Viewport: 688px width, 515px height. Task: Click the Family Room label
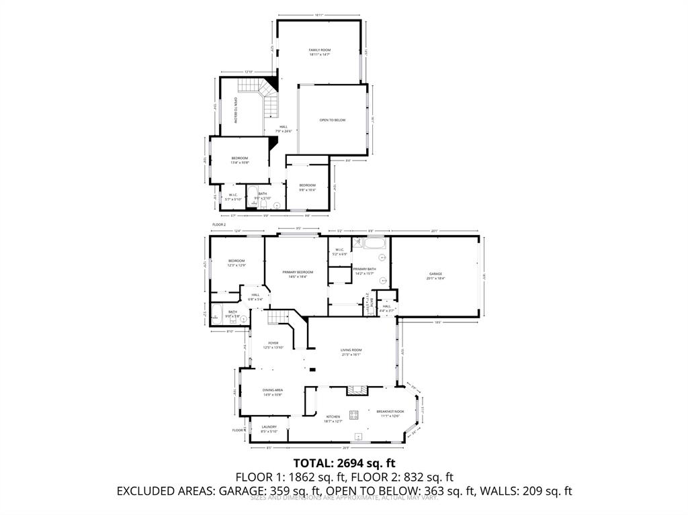click(x=319, y=52)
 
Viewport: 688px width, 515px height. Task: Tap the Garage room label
click(x=435, y=275)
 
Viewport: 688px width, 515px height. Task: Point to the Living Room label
click(x=351, y=352)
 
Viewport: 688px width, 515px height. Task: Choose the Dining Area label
click(x=272, y=392)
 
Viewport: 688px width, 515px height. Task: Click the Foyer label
click(x=273, y=345)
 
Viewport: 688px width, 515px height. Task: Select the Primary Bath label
click(x=364, y=271)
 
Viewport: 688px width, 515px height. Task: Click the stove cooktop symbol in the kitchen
click(x=353, y=414)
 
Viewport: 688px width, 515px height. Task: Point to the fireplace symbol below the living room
click(x=356, y=389)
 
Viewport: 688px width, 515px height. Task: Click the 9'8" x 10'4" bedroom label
click(x=307, y=187)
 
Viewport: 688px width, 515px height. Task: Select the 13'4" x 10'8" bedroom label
click(x=240, y=160)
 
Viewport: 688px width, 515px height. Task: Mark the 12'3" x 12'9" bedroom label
click(x=236, y=263)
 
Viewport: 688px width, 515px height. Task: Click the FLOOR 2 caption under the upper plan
click(x=219, y=224)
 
